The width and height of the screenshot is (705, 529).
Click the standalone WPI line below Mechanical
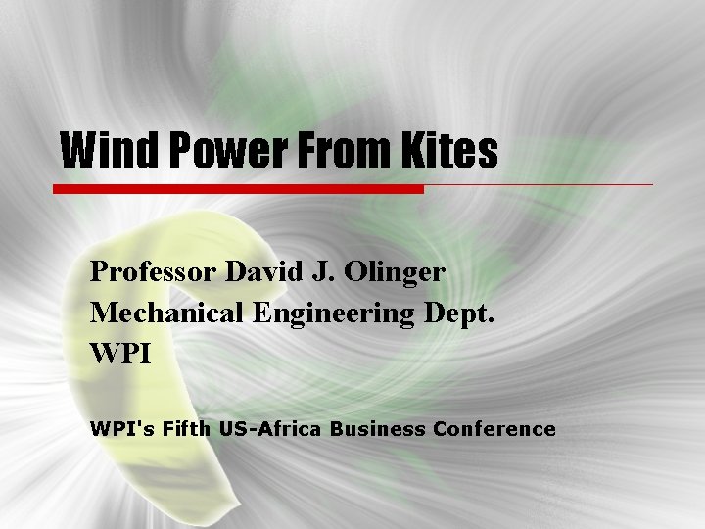coord(120,354)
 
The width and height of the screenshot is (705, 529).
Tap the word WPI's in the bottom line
coord(118,429)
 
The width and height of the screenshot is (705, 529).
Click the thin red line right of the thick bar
coord(539,184)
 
